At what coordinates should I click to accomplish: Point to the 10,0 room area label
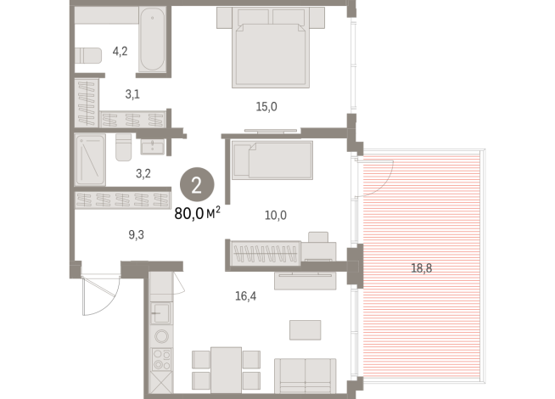276,215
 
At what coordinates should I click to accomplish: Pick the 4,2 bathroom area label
121,52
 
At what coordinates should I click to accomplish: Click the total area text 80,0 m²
197,214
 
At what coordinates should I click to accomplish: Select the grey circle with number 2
196,183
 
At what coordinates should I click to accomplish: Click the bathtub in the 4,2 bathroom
154,39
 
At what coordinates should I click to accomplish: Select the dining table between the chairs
225,367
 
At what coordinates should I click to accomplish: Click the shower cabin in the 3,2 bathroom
89,159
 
